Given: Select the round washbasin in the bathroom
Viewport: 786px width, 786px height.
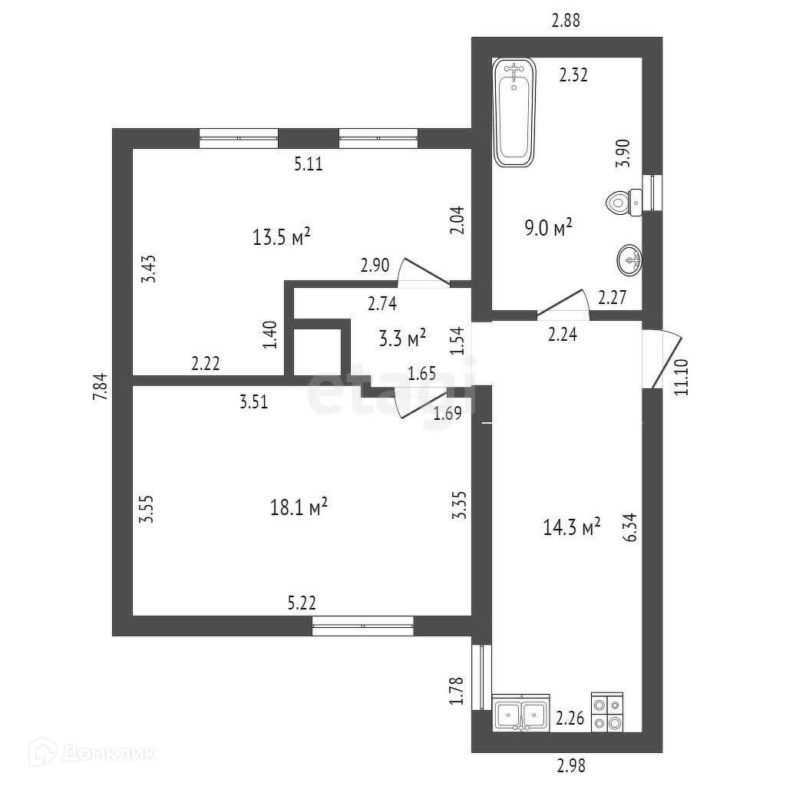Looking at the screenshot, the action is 629,261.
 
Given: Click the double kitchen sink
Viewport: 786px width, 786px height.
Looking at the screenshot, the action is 521,715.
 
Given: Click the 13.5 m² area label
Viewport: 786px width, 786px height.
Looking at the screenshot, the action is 281,237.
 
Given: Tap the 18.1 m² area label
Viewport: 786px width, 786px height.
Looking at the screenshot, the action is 299,507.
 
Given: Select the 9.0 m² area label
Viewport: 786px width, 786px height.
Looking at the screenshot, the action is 550,228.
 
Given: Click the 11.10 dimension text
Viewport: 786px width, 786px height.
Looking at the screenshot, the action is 680,378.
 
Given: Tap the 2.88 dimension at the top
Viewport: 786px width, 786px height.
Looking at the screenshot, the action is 566,21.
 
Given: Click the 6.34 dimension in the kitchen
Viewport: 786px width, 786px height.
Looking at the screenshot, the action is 632,527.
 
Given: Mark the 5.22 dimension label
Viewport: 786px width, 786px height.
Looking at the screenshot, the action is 302,603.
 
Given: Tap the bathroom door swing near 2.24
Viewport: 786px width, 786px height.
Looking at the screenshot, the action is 563,304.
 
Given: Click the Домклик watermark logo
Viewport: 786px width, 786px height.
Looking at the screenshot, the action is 82,753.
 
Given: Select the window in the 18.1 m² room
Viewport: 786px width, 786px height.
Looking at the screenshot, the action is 362,626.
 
